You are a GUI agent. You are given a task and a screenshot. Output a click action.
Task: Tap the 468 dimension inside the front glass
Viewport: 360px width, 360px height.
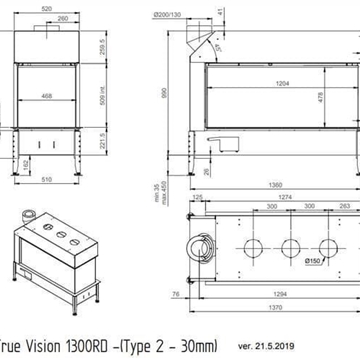pyautogui.click(x=48, y=96)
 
